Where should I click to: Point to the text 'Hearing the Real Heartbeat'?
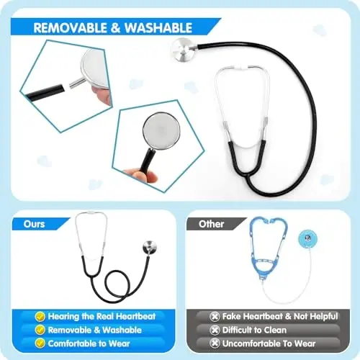[98, 316]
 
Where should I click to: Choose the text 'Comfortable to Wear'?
[89, 344]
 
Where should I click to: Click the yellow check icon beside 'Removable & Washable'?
[40, 330]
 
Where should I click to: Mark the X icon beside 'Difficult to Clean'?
[214, 330]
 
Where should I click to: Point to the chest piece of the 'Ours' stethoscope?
[150, 248]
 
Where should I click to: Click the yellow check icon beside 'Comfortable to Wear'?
[40, 344]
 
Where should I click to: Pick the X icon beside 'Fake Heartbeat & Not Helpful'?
[214, 316]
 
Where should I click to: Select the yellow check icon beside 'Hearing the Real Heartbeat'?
[40, 316]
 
